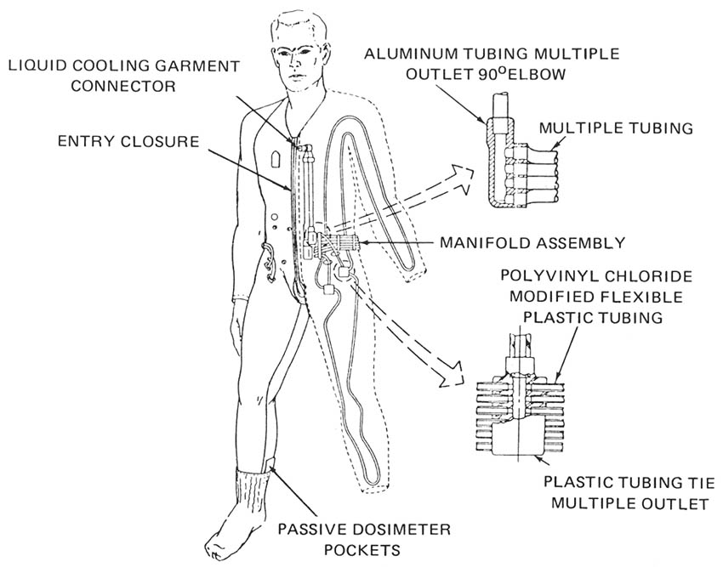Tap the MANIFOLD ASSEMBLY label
coord(532,242)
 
